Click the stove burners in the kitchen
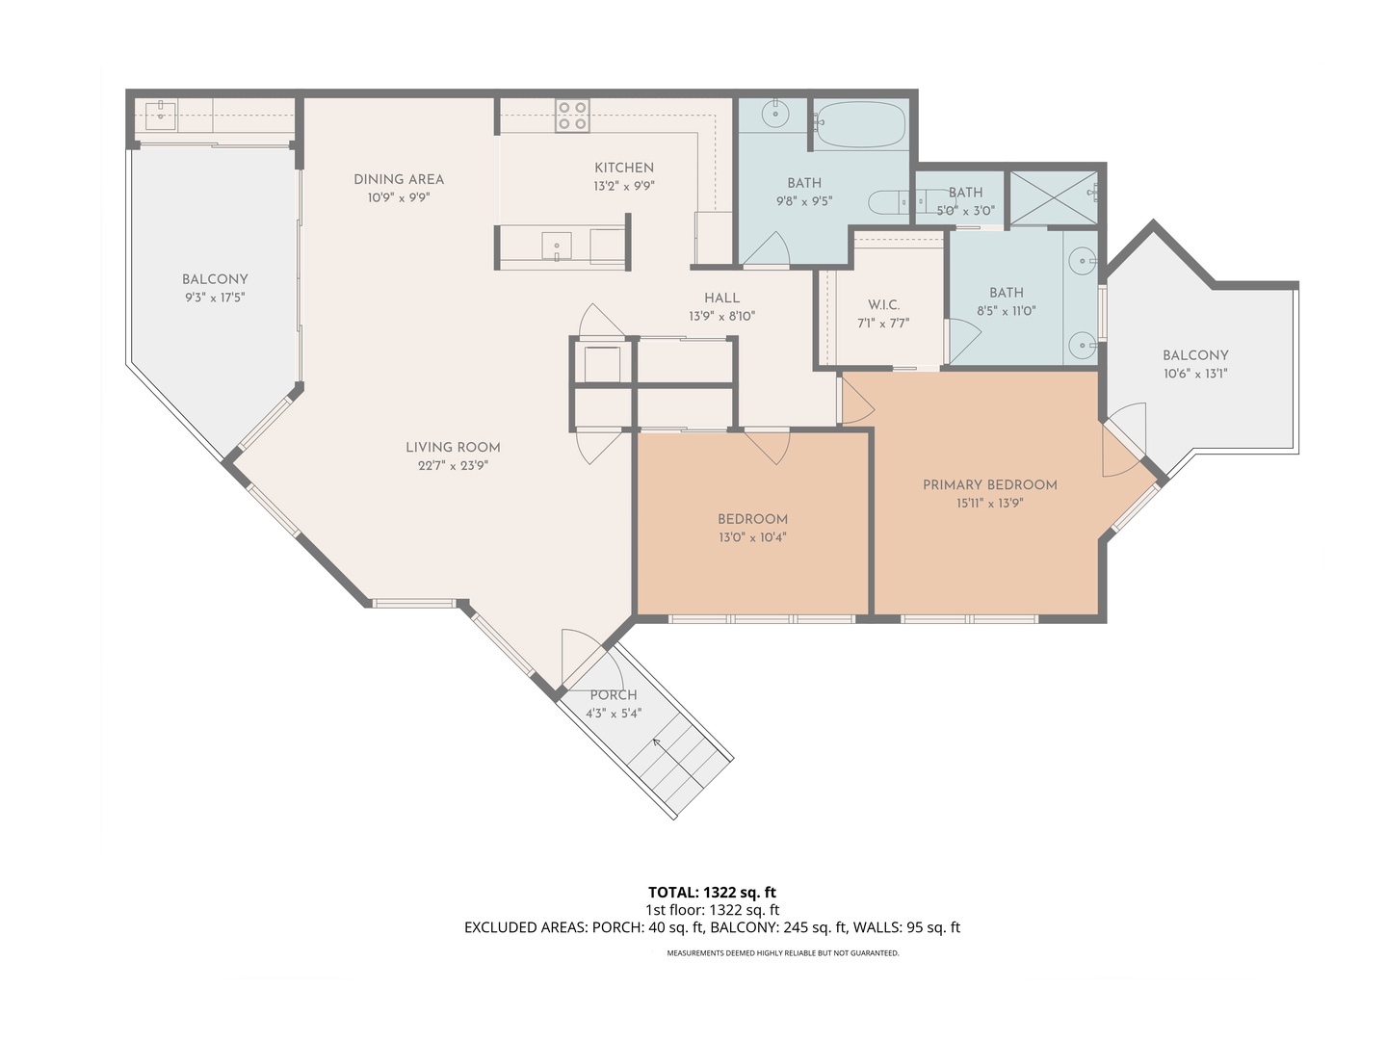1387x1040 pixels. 572,117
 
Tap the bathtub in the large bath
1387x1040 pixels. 860,124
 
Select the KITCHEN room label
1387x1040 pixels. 624,168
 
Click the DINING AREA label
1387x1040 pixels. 399,179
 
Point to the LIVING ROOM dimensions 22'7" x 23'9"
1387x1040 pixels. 453,465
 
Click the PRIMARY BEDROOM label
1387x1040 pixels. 990,484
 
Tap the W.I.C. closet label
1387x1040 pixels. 883,305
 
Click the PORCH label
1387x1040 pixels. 614,695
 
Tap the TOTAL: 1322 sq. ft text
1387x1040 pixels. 712,893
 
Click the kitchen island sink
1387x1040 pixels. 556,247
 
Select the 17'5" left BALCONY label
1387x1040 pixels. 215,279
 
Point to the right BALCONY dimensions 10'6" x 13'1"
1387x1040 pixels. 1195,374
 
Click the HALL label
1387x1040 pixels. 721,299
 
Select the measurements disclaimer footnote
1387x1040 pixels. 783,953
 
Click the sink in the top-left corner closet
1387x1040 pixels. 160,116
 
